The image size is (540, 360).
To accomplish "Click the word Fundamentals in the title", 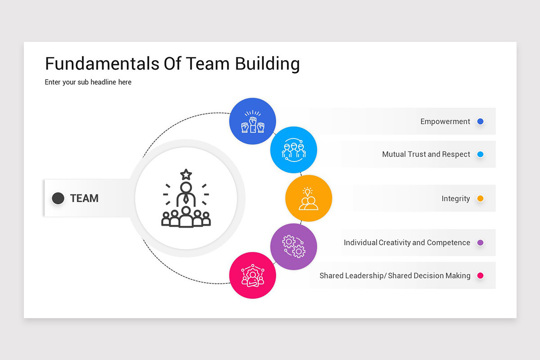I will pyautogui.click(x=97, y=64).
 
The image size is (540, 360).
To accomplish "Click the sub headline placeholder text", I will pyautogui.click(x=88, y=82).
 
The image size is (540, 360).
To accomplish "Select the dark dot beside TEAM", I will pyautogui.click(x=58, y=198).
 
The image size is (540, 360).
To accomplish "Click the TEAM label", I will pyautogui.click(x=84, y=198).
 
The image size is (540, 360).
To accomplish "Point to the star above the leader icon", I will pyautogui.click(x=186, y=174).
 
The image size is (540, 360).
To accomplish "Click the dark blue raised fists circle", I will pyautogui.click(x=252, y=121).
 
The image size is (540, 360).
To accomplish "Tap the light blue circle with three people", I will pyautogui.click(x=293, y=150).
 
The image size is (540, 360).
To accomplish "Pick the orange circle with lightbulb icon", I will pyautogui.click(x=309, y=198).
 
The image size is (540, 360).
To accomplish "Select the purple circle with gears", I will pyautogui.click(x=293, y=247).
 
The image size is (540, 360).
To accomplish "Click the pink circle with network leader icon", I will pyautogui.click(x=252, y=275).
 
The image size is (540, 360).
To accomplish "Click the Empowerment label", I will pyautogui.click(x=445, y=121).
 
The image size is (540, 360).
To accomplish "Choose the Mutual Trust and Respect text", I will pyautogui.click(x=426, y=154).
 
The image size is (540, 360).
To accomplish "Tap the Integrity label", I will pyautogui.click(x=455, y=198).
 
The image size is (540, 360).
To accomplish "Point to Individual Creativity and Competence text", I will pyautogui.click(x=407, y=243).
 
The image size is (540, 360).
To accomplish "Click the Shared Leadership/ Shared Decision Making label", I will pyautogui.click(x=395, y=275).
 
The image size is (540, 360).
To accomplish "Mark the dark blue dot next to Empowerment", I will pyautogui.click(x=480, y=121).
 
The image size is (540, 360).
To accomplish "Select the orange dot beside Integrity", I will pyautogui.click(x=480, y=198).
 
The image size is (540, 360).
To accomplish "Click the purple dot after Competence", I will pyautogui.click(x=480, y=243).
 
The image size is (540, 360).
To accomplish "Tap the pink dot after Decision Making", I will pyautogui.click(x=480, y=275).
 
